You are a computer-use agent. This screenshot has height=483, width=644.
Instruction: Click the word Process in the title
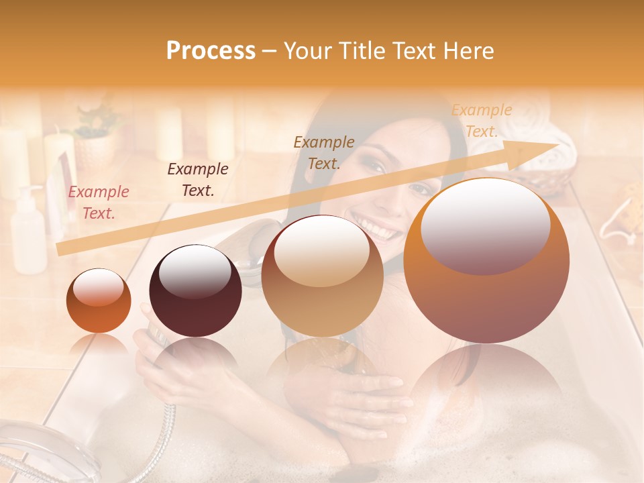pos(211,51)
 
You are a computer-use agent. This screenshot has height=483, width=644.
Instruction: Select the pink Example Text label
pos(99,203)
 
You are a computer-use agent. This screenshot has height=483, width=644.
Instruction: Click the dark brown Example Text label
pos(198,180)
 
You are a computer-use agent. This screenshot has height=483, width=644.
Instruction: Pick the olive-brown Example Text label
pos(324,152)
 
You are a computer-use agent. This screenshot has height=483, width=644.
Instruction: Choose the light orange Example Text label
pos(482,121)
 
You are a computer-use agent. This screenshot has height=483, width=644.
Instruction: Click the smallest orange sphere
pos(99,301)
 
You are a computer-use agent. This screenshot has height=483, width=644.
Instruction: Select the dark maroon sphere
pos(195,290)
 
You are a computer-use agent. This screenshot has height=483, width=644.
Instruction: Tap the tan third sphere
pos(322,274)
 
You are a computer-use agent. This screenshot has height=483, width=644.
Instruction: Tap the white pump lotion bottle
pos(29,231)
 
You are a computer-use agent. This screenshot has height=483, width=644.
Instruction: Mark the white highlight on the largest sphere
pos(486,225)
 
